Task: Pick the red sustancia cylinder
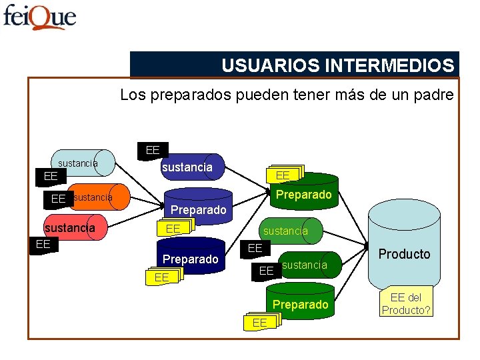73,228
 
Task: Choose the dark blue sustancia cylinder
190,167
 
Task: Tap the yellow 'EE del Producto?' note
406,304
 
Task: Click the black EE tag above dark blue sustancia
153,151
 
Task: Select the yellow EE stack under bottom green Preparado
261,323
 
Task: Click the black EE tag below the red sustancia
43,244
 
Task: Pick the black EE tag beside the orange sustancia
58,199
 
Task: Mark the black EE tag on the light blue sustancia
50,177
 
